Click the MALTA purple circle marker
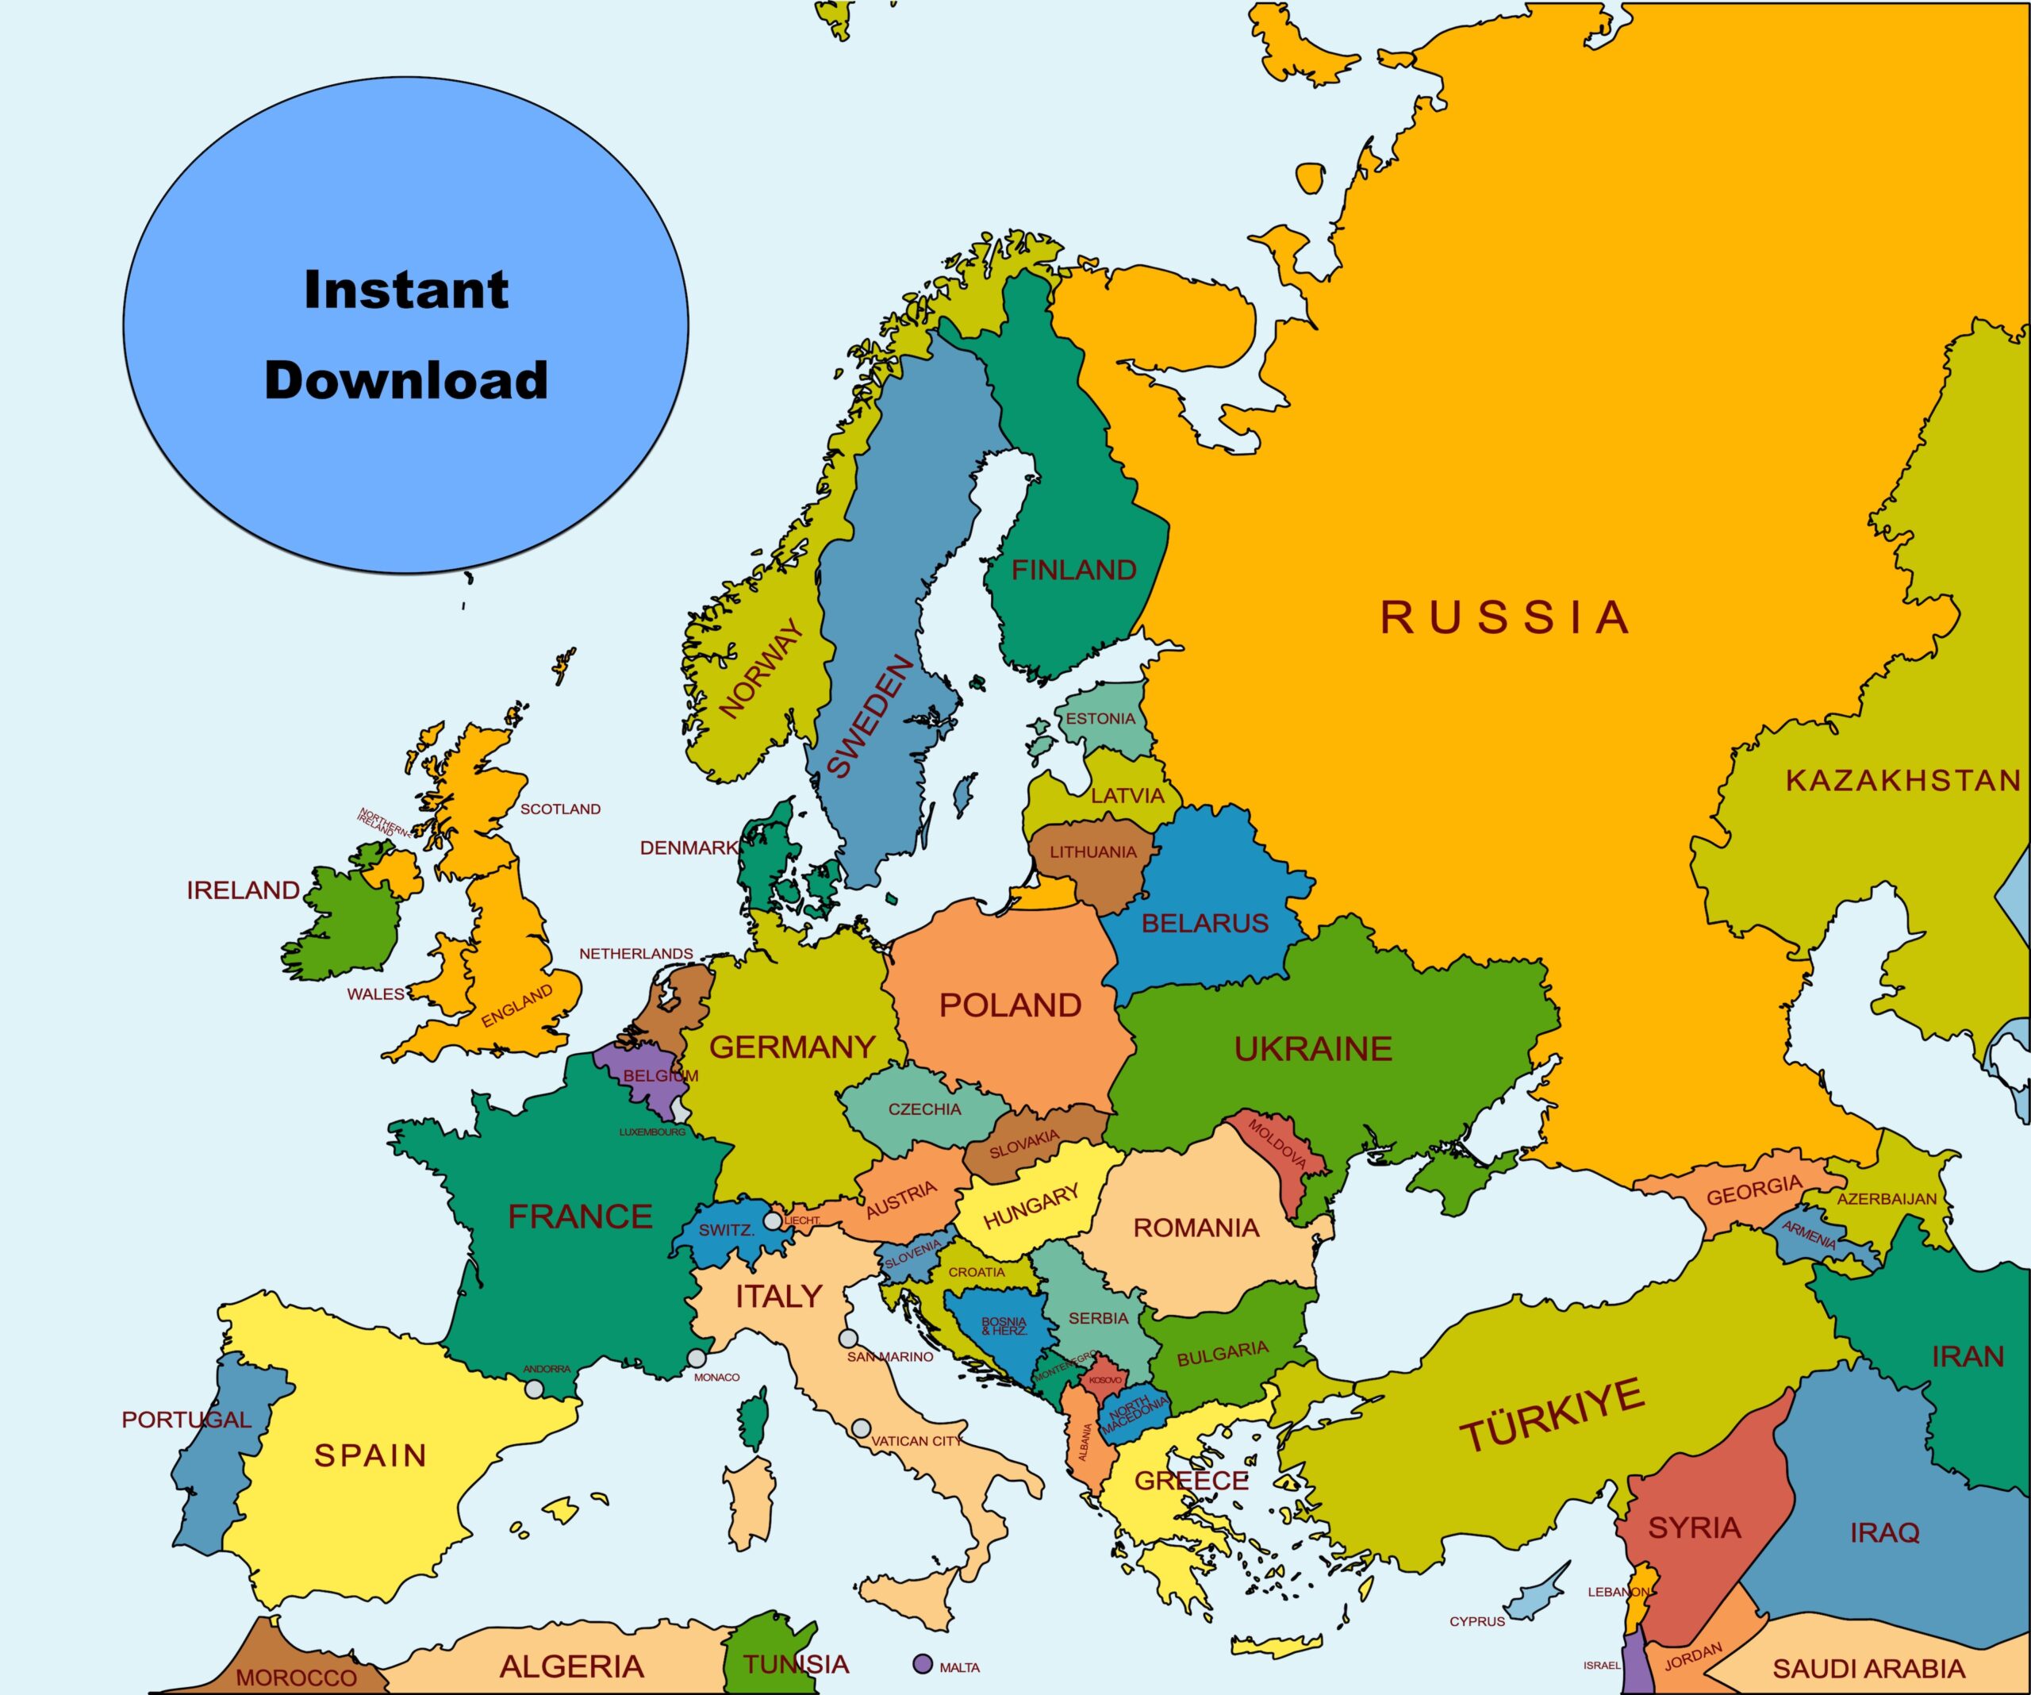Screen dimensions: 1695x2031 pyautogui.click(x=923, y=1664)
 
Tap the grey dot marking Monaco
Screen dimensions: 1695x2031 pyautogui.click(x=697, y=1359)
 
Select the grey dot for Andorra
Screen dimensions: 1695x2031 pyautogui.click(x=534, y=1389)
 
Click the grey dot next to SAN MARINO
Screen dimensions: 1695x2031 pyautogui.click(x=847, y=1339)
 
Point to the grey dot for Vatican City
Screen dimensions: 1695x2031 pyautogui.click(x=861, y=1429)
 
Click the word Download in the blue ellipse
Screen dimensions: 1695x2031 pyautogui.click(x=406, y=380)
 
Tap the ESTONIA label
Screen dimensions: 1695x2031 pyautogui.click(x=1100, y=719)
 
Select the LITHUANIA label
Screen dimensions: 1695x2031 pyautogui.click(x=1093, y=852)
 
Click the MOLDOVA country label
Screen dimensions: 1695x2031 pyautogui.click(x=1277, y=1143)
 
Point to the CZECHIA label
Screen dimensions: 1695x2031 pyautogui.click(x=924, y=1109)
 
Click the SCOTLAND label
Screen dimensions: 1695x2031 pyautogui.click(x=560, y=809)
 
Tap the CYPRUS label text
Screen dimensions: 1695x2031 pyautogui.click(x=1476, y=1621)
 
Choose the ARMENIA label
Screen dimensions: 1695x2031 pyautogui.click(x=1809, y=1236)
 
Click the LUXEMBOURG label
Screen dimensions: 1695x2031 pyautogui.click(x=652, y=1132)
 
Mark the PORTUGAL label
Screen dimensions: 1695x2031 pyautogui.click(x=186, y=1420)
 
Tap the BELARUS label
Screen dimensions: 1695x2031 pyautogui.click(x=1204, y=924)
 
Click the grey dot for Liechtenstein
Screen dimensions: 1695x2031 pyautogui.click(x=773, y=1221)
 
